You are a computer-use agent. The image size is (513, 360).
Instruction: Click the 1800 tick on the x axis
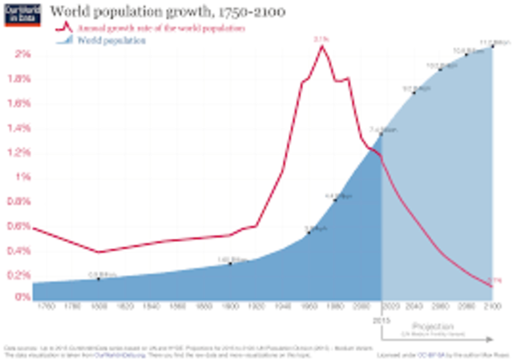(x=99, y=307)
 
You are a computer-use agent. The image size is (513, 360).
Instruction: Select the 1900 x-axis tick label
(x=230, y=307)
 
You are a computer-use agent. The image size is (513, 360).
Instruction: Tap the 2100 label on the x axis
(x=492, y=307)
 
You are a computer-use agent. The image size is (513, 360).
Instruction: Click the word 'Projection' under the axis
(x=433, y=326)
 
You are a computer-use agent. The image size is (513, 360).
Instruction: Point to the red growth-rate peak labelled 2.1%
(x=322, y=46)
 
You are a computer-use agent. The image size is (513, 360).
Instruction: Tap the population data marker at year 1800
(x=99, y=278)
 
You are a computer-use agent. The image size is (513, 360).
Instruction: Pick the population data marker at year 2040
(x=414, y=93)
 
